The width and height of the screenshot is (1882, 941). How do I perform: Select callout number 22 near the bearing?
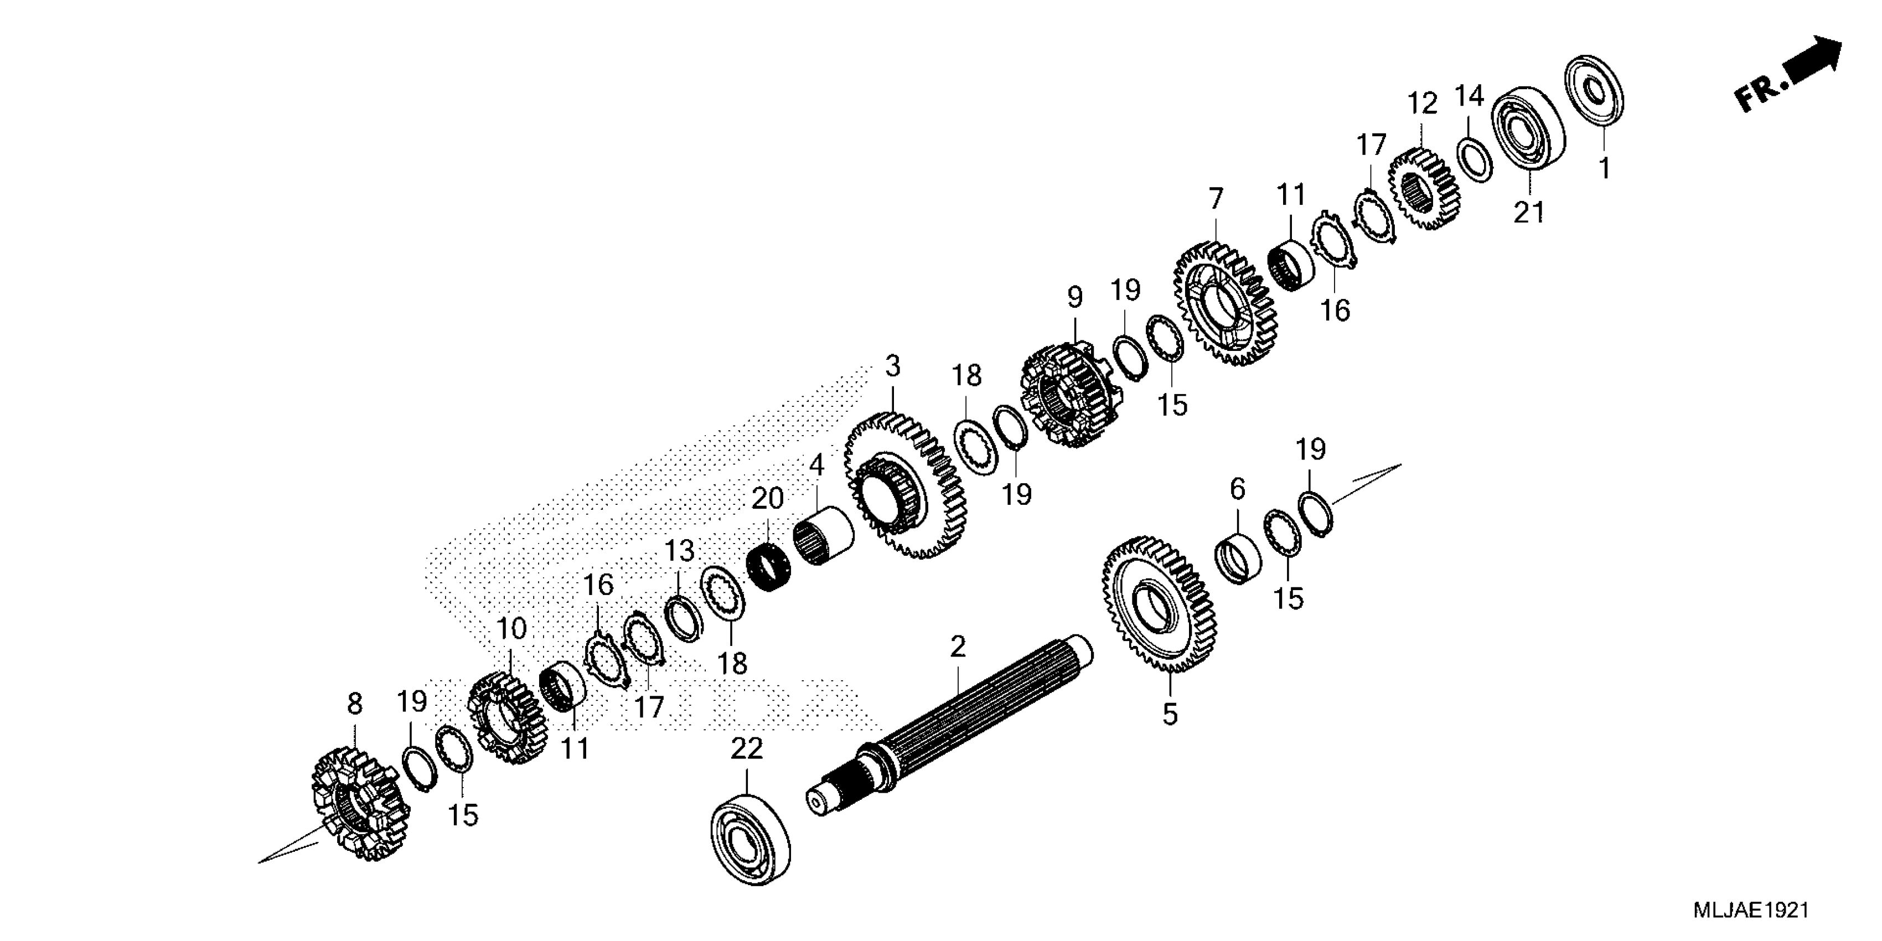coord(747,749)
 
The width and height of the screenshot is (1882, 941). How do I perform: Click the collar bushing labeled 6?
coord(1238,559)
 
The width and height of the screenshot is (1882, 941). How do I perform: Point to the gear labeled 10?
coord(507,719)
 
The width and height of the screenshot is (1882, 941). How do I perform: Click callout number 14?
coord(1469,96)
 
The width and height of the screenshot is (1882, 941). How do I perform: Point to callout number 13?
coord(679,552)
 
